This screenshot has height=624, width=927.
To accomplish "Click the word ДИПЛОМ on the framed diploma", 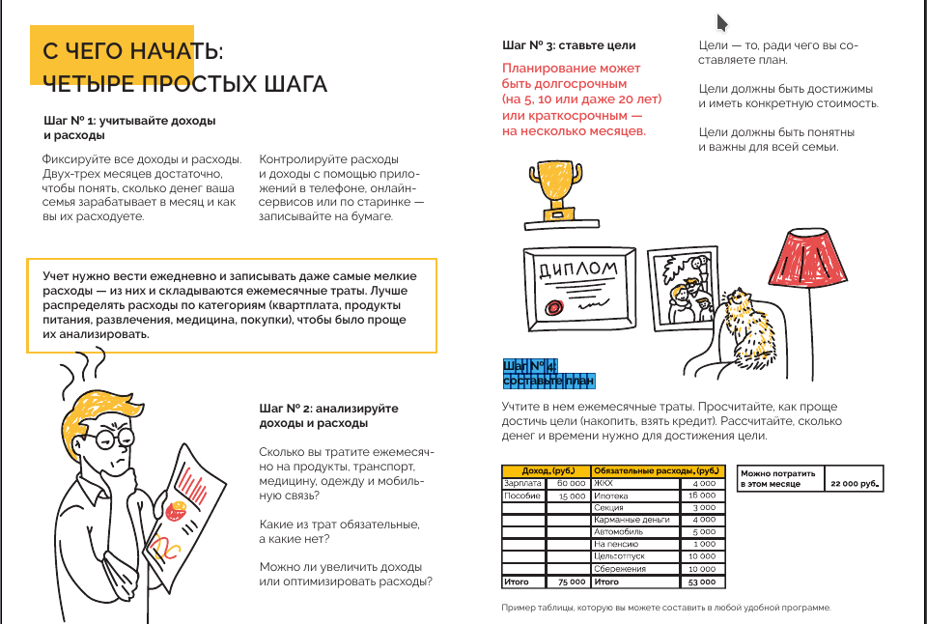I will click(577, 269).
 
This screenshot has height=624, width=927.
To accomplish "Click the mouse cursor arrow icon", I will click(721, 23).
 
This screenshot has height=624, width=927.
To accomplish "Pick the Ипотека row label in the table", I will click(609, 495).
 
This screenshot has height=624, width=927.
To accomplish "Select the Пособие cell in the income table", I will click(521, 495).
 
